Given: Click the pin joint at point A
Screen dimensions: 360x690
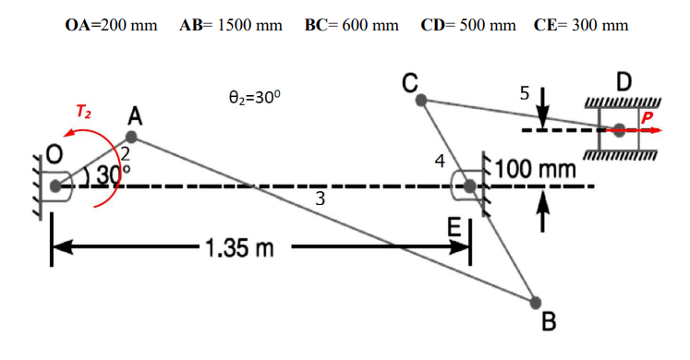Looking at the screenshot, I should [131, 138].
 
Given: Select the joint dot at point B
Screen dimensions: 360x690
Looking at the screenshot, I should [535, 302].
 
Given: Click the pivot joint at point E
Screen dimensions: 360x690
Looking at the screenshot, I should [469, 186].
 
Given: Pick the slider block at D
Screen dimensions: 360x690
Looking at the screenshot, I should [619, 128].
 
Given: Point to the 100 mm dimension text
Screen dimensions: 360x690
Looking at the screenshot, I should [536, 170].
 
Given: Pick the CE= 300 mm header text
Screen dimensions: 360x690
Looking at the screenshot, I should [581, 25].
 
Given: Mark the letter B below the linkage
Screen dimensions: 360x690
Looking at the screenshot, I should [549, 323].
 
